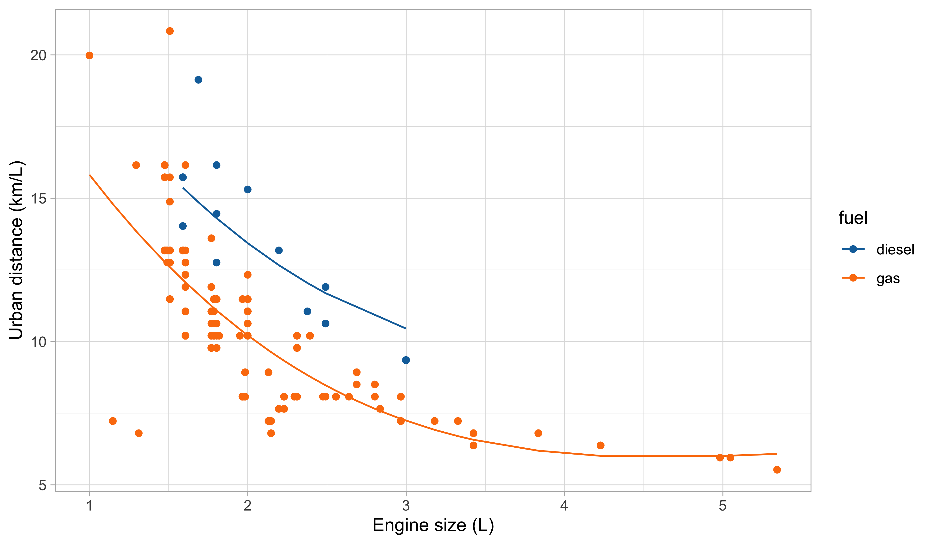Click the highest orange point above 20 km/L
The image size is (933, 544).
pos(170,31)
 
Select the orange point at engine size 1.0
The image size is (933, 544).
pos(89,55)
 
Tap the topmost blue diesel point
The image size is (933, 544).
pos(199,80)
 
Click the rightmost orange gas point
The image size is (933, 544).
pos(777,470)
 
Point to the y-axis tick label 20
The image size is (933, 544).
pos(38,55)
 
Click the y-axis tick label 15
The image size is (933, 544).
pos(38,199)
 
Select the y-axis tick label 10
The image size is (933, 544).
pos(38,342)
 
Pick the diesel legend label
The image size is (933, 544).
pos(895,250)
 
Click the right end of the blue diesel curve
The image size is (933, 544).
pos(406,328)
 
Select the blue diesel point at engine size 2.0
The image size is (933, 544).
pos(248,189)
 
